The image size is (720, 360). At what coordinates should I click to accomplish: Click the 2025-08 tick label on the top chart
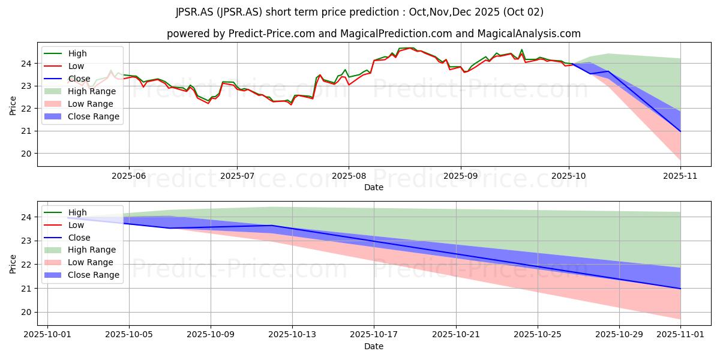(349, 176)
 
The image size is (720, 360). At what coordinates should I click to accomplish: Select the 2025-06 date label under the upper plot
(129, 176)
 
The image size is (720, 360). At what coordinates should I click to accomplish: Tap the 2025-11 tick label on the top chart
(680, 176)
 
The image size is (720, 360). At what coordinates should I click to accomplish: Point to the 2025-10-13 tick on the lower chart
(292, 335)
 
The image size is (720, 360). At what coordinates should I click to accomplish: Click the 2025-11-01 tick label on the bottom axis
(680, 335)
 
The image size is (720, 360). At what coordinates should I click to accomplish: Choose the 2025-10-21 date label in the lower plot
(456, 335)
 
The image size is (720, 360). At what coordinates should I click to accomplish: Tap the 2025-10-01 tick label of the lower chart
(47, 335)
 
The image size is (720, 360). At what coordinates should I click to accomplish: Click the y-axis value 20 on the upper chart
(26, 154)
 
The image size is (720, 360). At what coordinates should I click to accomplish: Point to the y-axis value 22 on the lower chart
(26, 265)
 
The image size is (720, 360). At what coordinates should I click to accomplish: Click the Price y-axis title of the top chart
(13, 106)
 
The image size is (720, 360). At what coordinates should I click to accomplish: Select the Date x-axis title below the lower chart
(374, 346)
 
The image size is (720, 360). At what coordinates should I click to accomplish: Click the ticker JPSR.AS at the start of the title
(194, 12)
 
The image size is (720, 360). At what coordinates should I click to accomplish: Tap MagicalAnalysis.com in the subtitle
(529, 34)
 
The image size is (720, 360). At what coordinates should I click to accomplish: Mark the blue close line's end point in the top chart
(680, 131)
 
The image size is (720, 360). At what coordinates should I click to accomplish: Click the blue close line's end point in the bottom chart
(680, 289)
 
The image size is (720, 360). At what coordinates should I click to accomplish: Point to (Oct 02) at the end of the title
(523, 12)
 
